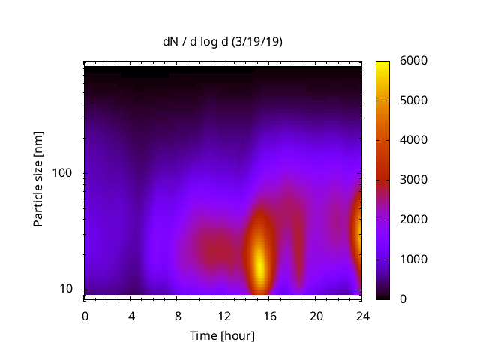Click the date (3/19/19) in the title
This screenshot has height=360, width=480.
pyautogui.click(x=257, y=42)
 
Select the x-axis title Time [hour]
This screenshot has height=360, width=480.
pyautogui.click(x=222, y=335)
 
